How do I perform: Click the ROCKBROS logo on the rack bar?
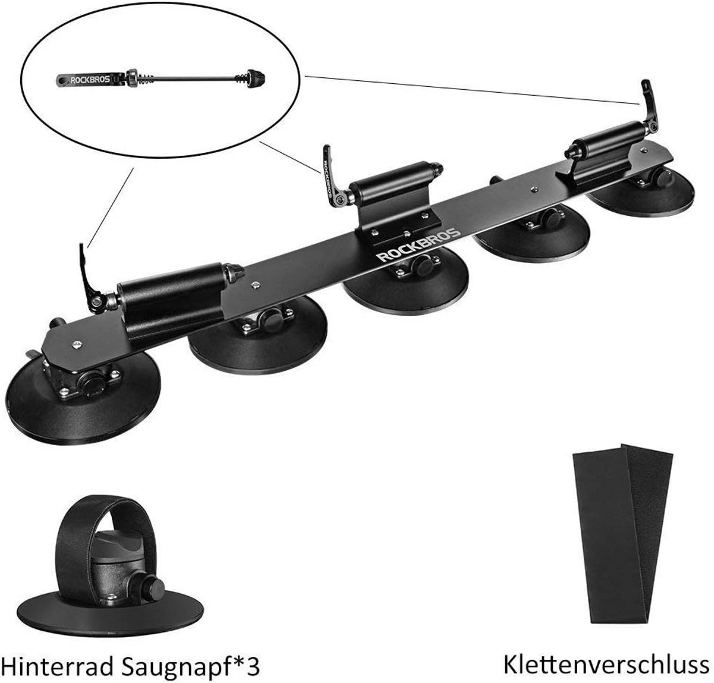pyautogui.click(x=419, y=245)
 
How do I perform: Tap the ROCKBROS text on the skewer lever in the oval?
pyautogui.click(x=89, y=80)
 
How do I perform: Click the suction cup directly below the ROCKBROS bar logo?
pyautogui.click(x=405, y=283)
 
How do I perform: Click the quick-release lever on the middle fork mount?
pyautogui.click(x=333, y=174)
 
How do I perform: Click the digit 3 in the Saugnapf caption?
pyautogui.click(x=253, y=656)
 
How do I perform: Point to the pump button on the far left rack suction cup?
pyautogui.click(x=92, y=384)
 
